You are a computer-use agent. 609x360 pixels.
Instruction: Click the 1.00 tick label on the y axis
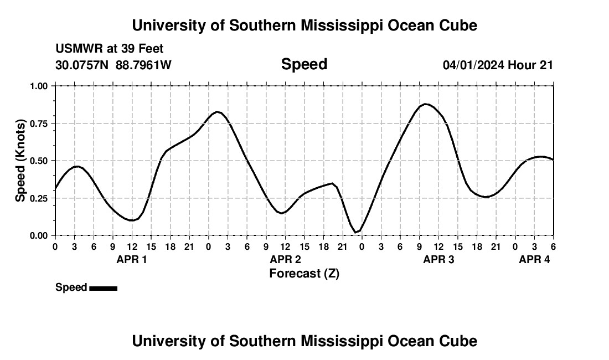coord(39,86)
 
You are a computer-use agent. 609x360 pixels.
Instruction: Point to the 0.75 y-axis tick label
coord(39,124)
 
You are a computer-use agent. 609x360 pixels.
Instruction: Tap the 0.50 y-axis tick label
coord(39,161)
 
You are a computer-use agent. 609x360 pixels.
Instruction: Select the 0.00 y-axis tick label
coord(39,235)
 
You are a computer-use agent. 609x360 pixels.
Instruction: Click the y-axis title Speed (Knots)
coord(20,161)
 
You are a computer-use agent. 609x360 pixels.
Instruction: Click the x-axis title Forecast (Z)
coord(304,273)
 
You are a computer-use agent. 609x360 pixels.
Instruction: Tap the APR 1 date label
coord(132,259)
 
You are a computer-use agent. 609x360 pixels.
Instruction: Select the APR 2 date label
coord(286,259)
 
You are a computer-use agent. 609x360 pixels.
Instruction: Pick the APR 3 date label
coord(439,259)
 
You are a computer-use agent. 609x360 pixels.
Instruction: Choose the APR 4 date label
coord(534,259)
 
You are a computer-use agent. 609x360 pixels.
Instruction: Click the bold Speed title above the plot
coord(304,64)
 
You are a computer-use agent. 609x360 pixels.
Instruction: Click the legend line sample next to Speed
coord(103,288)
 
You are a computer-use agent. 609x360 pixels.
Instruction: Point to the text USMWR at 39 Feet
coord(109,49)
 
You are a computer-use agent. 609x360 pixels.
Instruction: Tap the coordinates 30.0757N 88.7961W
coord(113,65)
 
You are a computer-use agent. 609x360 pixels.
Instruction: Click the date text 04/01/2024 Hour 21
coord(498,65)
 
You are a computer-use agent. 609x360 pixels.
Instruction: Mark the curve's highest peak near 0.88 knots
coord(425,104)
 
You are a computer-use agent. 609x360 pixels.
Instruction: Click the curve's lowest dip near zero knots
coord(356,232)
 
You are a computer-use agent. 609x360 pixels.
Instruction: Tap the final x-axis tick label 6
coord(553,246)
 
